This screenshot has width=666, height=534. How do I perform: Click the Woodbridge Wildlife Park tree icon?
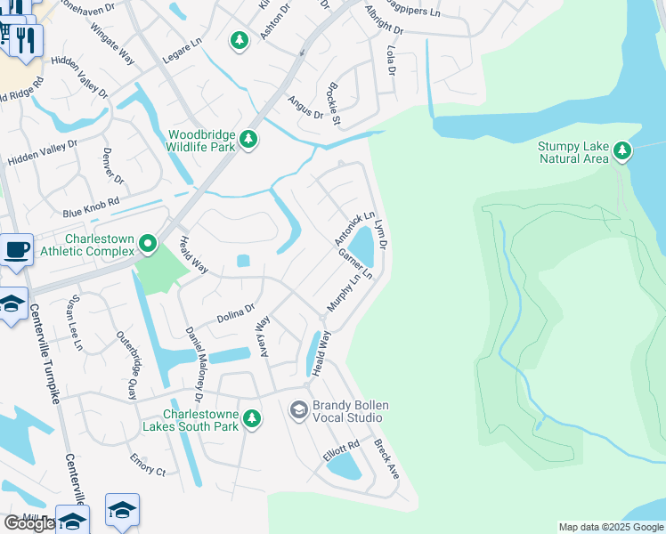point(249,139)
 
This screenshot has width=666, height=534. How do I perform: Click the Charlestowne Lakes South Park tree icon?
point(252,418)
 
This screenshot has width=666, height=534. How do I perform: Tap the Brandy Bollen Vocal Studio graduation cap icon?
point(298,409)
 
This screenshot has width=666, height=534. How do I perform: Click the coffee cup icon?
point(17,248)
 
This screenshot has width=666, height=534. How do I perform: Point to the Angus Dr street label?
point(305,107)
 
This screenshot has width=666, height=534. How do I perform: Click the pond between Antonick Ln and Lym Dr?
point(361,243)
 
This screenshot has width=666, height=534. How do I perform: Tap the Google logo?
point(29,523)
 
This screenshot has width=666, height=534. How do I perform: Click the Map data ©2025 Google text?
point(610,527)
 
